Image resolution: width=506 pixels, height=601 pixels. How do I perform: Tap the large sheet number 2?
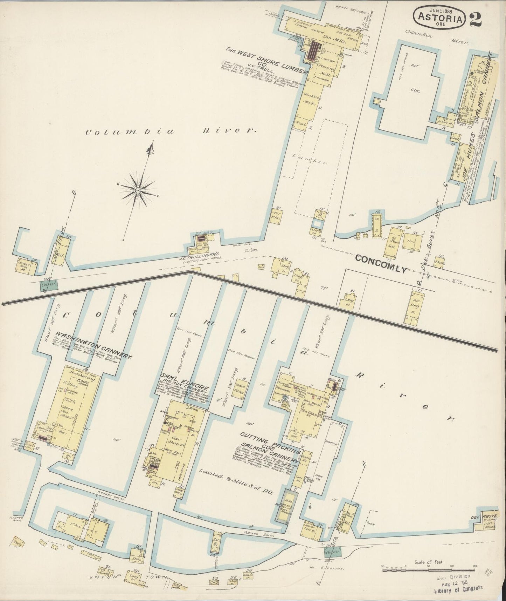tap(476, 18)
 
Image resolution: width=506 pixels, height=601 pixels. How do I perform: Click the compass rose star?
tap(138, 190)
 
